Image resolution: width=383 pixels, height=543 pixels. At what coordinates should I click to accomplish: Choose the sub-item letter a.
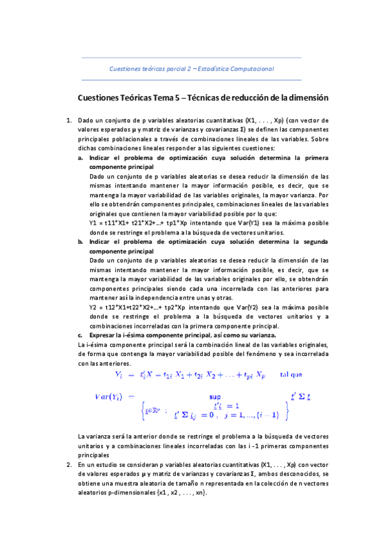tap(81, 157)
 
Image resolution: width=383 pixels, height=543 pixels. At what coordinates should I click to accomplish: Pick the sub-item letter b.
tap(81, 242)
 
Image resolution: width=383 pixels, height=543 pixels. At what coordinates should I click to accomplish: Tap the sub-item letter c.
tap(81, 335)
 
